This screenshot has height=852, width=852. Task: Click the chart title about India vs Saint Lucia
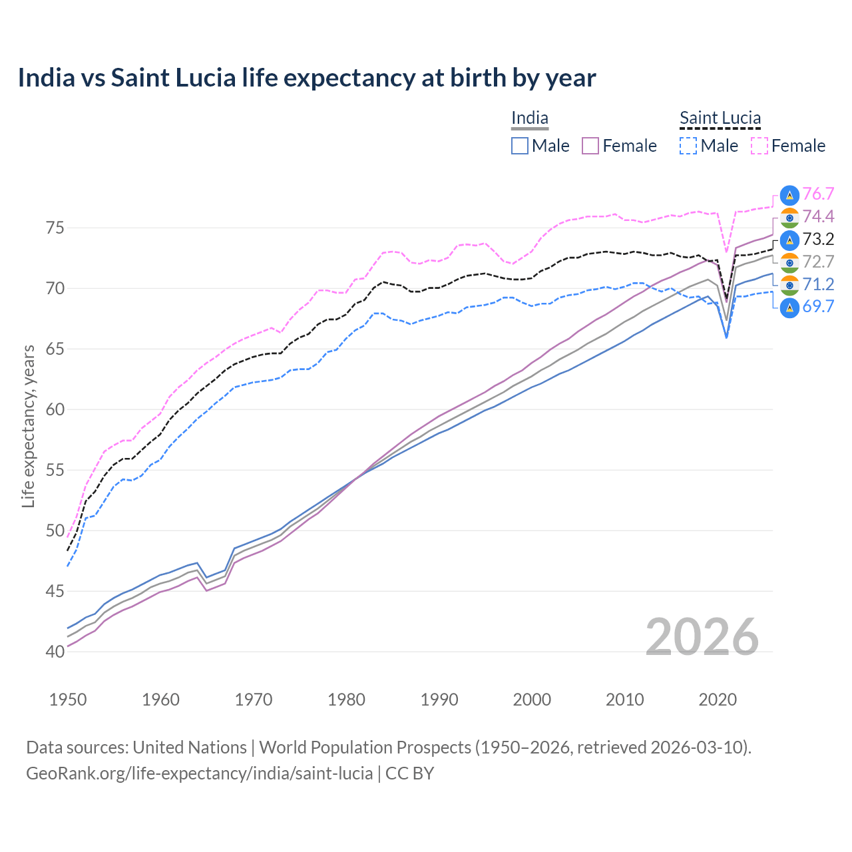(x=307, y=78)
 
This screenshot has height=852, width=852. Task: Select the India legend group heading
(x=529, y=118)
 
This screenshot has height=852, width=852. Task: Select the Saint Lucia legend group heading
(x=720, y=118)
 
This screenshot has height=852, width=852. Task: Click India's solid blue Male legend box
(x=520, y=146)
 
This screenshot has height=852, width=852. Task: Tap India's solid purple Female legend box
(x=590, y=146)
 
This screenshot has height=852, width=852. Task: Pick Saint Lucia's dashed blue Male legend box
(x=688, y=146)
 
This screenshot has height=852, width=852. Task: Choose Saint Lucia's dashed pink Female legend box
(x=759, y=146)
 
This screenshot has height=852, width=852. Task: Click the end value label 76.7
(x=818, y=194)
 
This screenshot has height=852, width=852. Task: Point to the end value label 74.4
(x=818, y=216)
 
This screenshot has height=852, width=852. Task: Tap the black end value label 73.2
(x=818, y=239)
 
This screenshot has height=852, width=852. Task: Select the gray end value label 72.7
(x=818, y=262)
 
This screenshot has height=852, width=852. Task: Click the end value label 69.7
(x=818, y=307)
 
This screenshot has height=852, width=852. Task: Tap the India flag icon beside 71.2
(x=789, y=285)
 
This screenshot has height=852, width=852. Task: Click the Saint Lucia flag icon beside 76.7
(x=789, y=194)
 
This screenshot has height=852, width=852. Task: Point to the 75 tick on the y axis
(x=55, y=228)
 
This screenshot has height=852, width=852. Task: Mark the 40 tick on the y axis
(x=55, y=652)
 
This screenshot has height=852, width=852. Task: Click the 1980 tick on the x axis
(x=346, y=700)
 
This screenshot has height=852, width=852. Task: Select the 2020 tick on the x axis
(x=717, y=700)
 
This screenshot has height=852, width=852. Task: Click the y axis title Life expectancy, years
(x=29, y=426)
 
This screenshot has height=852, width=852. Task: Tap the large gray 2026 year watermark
(x=702, y=637)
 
